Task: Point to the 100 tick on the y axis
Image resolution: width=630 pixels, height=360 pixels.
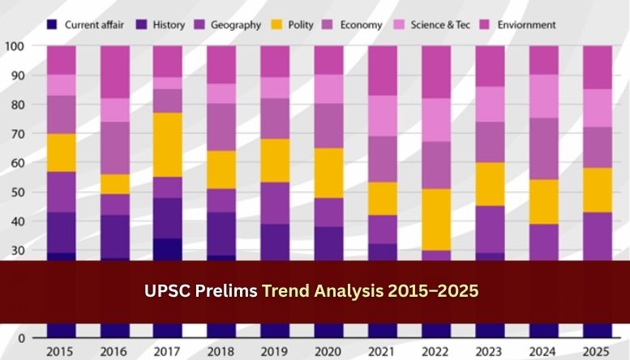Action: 16,46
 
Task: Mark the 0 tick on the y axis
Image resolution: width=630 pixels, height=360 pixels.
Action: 23,338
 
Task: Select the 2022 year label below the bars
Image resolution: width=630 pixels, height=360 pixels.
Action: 435,352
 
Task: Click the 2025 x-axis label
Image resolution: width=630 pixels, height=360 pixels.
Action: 596,352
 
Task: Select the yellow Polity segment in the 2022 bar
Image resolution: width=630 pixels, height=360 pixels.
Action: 435,220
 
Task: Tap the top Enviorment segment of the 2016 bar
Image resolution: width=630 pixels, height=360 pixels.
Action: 114,72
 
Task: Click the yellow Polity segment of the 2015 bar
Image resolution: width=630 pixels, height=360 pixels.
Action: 61,152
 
